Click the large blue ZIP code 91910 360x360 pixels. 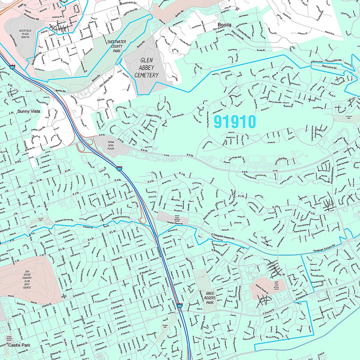pos(235,122)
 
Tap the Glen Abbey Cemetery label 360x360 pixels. pos(146,68)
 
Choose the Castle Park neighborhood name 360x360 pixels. pos(18,345)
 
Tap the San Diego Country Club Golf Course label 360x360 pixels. pos(27,280)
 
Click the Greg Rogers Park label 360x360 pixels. pos(211,298)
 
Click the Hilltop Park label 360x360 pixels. pos(39,220)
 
